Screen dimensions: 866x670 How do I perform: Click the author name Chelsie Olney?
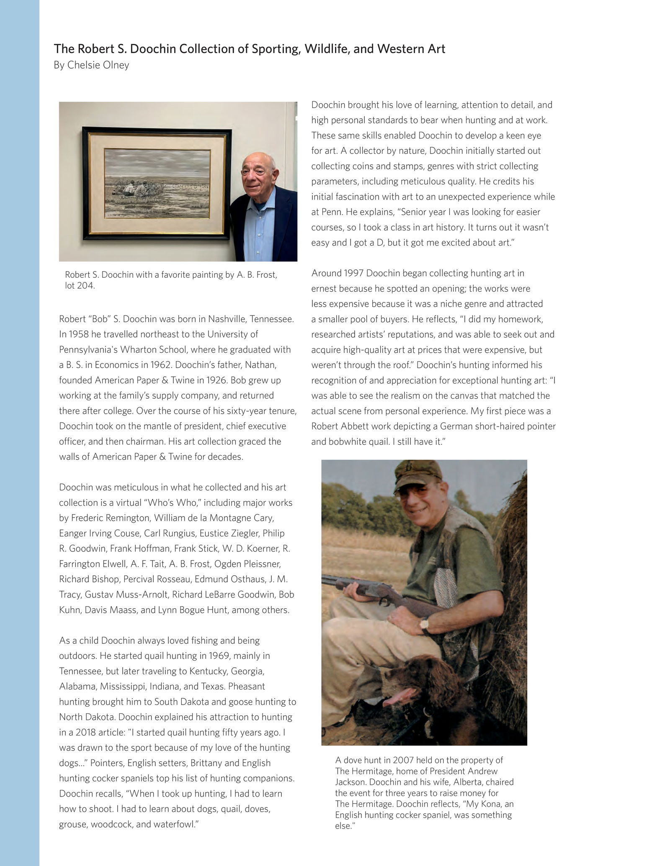click(98, 65)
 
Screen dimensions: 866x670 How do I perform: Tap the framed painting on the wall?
click(157, 184)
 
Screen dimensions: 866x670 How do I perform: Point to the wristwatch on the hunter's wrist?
click(424, 625)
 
